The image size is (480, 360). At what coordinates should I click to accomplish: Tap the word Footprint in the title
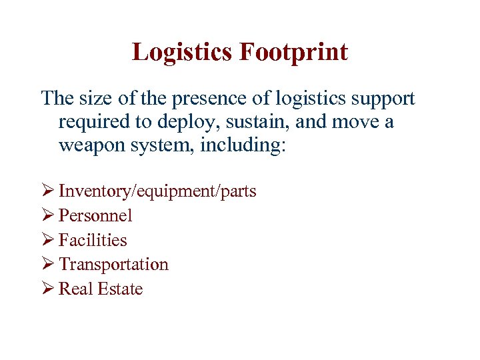(295, 51)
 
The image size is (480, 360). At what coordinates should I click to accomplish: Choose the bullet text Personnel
(95, 215)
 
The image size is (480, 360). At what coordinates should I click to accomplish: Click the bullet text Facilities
(93, 240)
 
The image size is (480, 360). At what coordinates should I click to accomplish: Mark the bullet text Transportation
(113, 264)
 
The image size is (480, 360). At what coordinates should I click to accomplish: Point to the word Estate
(121, 289)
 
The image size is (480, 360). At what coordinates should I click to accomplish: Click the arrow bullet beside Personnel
(48, 215)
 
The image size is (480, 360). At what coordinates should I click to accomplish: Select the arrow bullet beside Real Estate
(48, 289)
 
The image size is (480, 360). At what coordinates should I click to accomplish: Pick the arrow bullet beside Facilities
(48, 240)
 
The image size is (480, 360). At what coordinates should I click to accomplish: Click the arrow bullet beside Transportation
(48, 264)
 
